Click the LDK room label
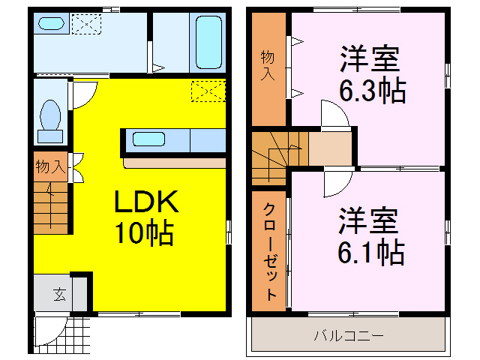click(x=145, y=202)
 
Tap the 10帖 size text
click(x=144, y=234)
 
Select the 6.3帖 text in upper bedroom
click(x=372, y=91)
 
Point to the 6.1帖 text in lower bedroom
click(x=371, y=252)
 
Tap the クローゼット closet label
click(x=270, y=252)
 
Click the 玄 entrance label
click(x=59, y=294)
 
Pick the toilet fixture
click(x=51, y=120)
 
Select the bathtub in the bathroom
click(x=205, y=42)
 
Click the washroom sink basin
click(x=51, y=24)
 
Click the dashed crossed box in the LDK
click(x=208, y=91)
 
